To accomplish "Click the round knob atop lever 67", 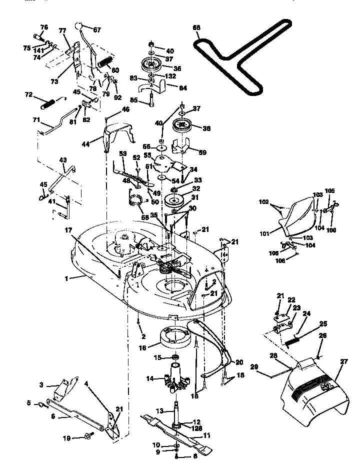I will (79, 25).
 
